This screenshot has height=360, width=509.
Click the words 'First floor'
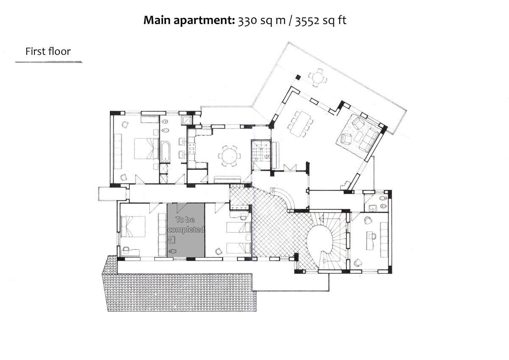tap(48, 51)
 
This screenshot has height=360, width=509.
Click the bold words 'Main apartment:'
tap(189, 20)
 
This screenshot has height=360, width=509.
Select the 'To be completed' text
tap(186, 225)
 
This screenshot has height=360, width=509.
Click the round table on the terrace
tap(318, 78)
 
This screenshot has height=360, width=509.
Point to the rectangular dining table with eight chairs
tap(300, 124)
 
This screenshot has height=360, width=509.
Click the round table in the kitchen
tap(229, 156)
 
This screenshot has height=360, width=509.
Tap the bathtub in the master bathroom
tap(165, 152)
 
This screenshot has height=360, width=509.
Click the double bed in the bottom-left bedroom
tap(133, 227)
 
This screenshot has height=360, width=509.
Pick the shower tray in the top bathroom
tap(187, 120)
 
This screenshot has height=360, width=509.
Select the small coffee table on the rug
tap(358, 137)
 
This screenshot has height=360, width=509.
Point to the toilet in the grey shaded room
tap(172, 251)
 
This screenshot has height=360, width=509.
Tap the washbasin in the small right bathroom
tap(373, 208)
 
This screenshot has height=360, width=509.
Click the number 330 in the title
tap(247, 20)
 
